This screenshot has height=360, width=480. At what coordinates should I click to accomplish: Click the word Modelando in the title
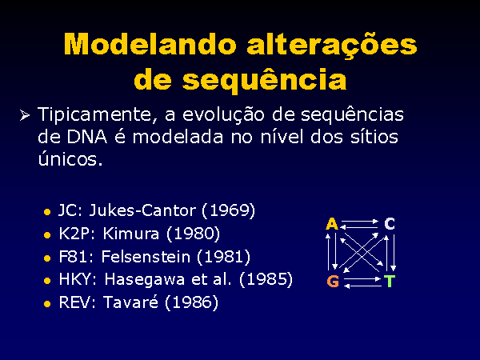click(x=150, y=44)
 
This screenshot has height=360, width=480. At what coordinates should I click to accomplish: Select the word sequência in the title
click(x=265, y=81)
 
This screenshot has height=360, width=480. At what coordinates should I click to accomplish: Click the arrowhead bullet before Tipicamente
click(x=25, y=115)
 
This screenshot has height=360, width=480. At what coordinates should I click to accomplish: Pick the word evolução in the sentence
click(x=223, y=115)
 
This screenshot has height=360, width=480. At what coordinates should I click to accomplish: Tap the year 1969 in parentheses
click(x=228, y=210)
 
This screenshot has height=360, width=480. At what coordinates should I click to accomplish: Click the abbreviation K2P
click(x=74, y=234)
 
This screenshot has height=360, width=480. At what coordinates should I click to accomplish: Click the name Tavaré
click(x=131, y=302)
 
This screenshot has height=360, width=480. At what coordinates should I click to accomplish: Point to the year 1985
click(x=266, y=279)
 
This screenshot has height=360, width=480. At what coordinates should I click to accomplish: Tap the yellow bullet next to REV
click(x=47, y=304)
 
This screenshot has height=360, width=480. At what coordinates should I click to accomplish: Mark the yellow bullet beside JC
click(x=47, y=212)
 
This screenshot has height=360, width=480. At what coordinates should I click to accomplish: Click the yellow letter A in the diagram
click(x=332, y=224)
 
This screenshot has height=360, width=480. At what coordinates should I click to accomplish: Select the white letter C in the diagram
click(x=390, y=224)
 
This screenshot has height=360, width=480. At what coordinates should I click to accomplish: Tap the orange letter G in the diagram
click(x=333, y=281)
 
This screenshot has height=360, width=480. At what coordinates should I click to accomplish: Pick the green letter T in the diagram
click(x=390, y=281)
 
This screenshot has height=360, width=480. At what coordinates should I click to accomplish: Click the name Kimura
click(x=131, y=234)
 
